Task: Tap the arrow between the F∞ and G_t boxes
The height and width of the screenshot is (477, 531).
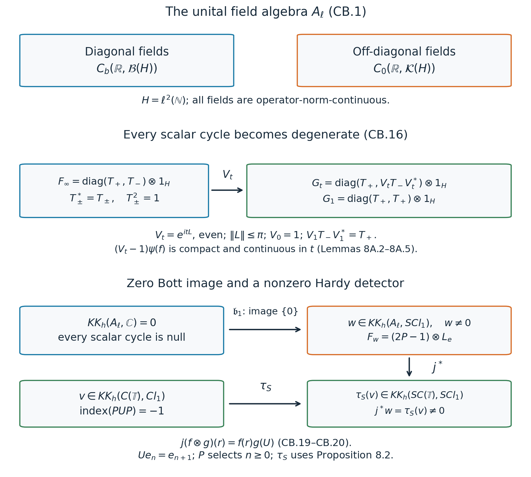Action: pos(227,190)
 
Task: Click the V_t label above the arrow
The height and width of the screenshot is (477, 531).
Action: pos(227,175)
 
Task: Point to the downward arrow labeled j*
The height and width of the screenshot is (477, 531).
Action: pos(409,367)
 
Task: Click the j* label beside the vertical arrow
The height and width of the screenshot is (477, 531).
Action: pos(437,367)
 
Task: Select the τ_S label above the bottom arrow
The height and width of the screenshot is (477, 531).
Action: pos(265,387)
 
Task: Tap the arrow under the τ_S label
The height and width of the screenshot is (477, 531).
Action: pos(265,404)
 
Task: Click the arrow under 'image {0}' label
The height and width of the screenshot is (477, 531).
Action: pos(265,330)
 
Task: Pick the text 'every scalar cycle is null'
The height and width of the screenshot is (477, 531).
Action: pos(122,337)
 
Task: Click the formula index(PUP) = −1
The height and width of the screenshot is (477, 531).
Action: pos(122,411)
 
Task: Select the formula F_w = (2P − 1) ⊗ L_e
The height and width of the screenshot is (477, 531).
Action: pos(409,337)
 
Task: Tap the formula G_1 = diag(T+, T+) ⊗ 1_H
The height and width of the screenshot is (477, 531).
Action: pos(379,199)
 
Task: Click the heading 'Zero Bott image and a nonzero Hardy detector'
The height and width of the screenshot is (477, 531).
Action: pos(265,284)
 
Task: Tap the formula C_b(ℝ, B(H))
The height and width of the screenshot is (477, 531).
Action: pos(127,69)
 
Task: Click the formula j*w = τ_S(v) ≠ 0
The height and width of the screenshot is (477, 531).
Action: pos(409,411)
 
